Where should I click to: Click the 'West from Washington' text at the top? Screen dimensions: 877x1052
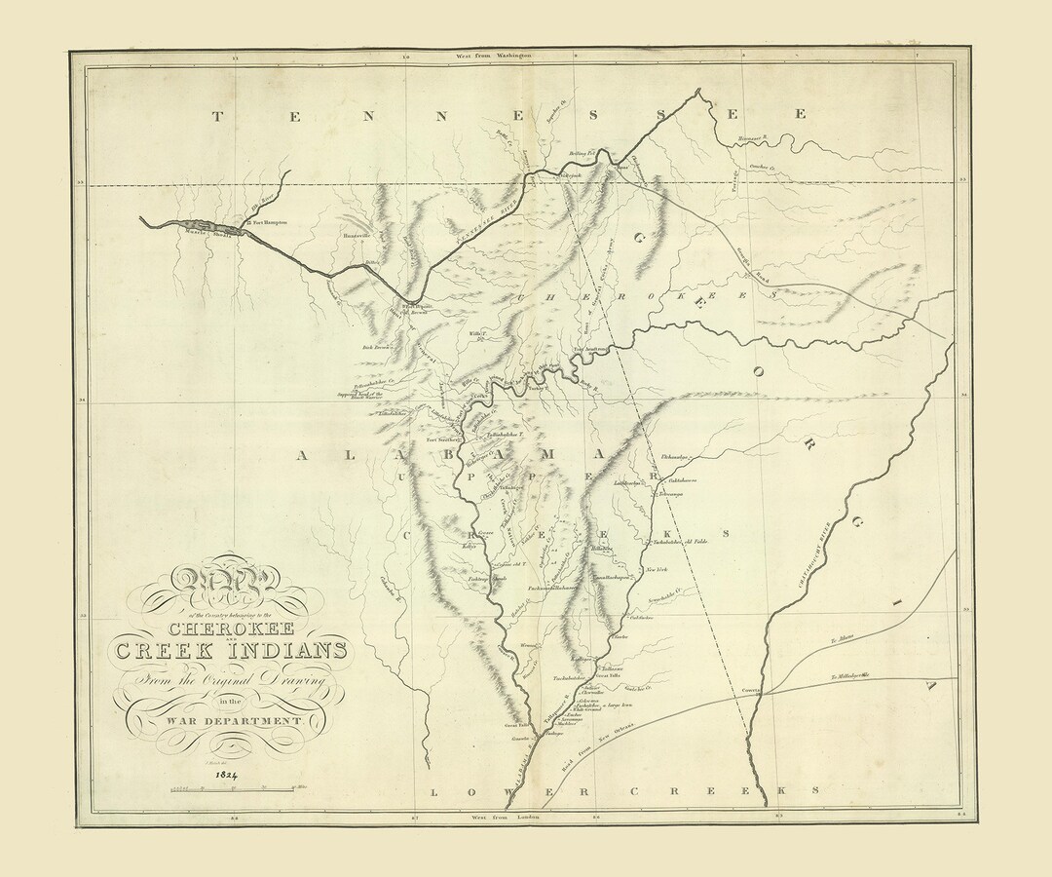(x=494, y=57)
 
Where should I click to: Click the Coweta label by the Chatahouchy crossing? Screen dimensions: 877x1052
(x=751, y=689)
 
